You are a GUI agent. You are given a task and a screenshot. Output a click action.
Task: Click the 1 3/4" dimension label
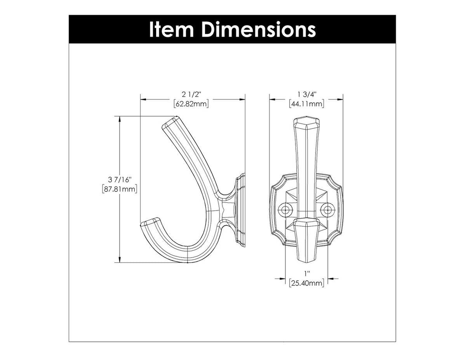pos(307,94)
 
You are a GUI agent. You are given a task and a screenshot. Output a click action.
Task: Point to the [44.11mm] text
pos(307,104)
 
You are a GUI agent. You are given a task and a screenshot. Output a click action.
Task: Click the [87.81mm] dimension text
pos(120,190)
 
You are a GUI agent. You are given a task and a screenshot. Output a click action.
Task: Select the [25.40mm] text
pos(307,283)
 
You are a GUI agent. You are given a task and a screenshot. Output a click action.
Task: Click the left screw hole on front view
pos(287,210)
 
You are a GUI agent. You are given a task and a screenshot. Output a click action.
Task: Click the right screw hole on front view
pos(328,210)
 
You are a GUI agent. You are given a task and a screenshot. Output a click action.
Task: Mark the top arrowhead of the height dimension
pos(120,119)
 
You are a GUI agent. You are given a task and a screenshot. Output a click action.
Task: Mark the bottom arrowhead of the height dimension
pos(120,261)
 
